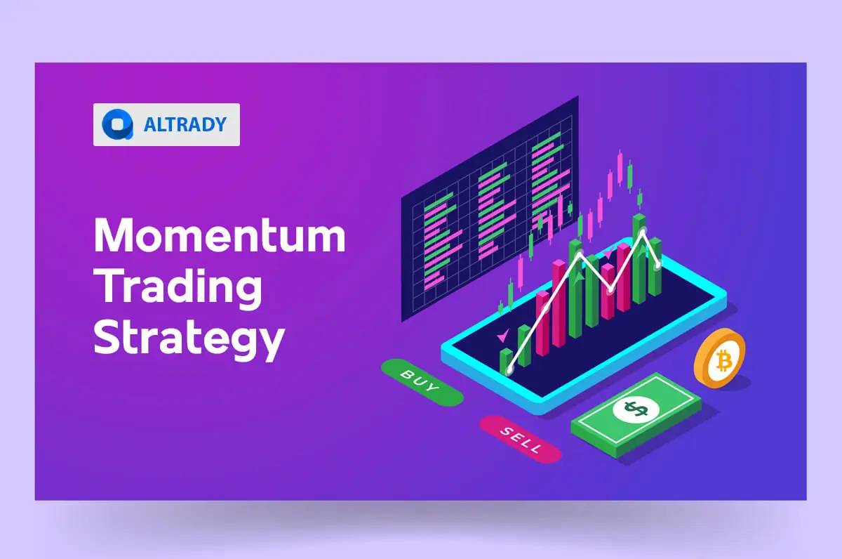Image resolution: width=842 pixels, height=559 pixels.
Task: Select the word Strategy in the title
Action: pos(189,338)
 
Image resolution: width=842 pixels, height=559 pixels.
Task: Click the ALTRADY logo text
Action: pos(185,125)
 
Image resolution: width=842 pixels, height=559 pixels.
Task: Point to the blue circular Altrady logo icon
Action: pos(114,125)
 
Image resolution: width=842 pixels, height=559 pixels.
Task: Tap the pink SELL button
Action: pos(520,439)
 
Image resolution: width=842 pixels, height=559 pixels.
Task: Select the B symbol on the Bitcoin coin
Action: pos(723,362)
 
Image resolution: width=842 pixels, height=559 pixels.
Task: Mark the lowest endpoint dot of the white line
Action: pos(509,368)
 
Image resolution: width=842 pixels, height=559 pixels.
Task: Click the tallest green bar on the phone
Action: pos(639,260)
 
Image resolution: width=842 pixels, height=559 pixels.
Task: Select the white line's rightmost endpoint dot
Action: pos(657,265)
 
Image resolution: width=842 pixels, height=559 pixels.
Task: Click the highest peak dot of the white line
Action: pos(643,231)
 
